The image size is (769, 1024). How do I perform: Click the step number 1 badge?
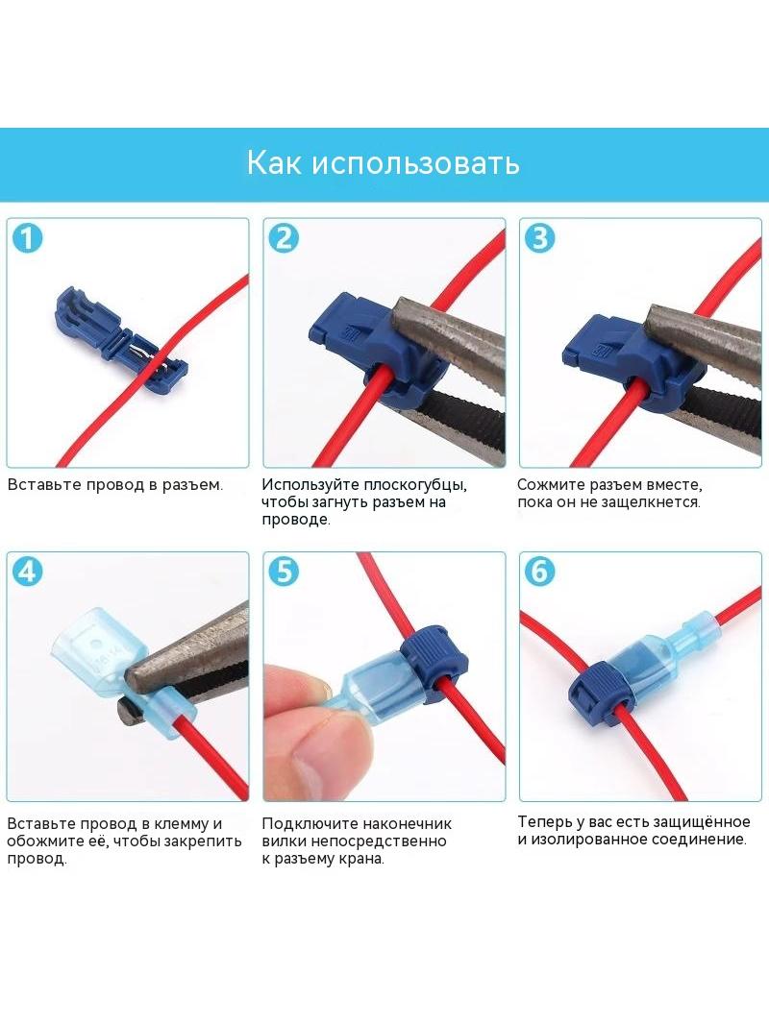[x=28, y=238]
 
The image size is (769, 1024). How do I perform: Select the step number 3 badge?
[x=540, y=238]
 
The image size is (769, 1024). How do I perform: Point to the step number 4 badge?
[x=28, y=572]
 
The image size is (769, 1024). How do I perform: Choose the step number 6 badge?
[x=540, y=572]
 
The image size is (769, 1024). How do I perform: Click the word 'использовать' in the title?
[x=415, y=163]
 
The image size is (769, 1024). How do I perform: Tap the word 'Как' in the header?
[x=274, y=162]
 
